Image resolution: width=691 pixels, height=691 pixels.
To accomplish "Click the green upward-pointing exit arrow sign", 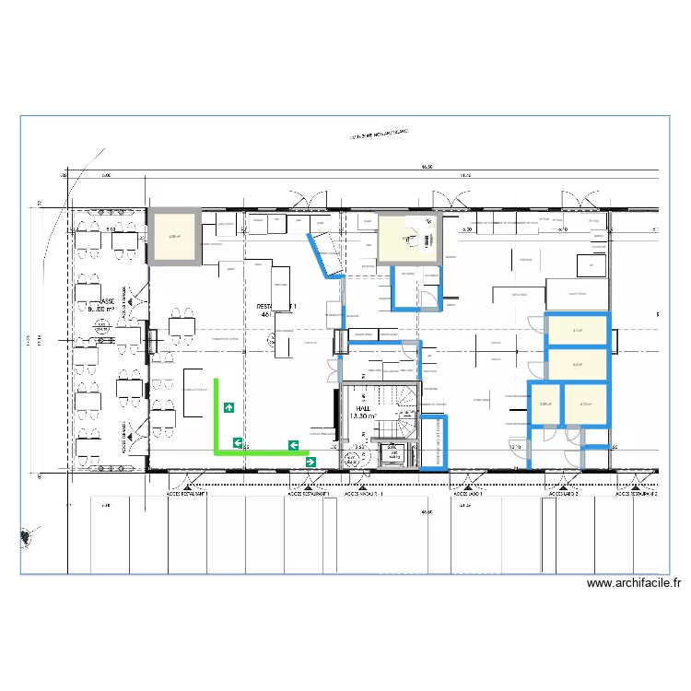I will click(228, 406).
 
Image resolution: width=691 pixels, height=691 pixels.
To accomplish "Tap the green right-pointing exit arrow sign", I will click(310, 462).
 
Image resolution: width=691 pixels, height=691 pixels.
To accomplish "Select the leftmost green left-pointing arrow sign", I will click(238, 443).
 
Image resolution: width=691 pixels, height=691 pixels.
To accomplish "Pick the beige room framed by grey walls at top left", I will click(174, 237).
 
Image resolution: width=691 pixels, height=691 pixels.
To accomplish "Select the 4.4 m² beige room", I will click(578, 365).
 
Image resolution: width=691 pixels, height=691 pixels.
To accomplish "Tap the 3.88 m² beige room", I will click(545, 404).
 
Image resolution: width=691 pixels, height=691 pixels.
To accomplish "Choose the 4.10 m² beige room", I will click(584, 404).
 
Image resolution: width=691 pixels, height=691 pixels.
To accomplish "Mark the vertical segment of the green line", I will click(217, 415).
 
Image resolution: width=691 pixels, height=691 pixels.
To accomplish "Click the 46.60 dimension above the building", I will click(427, 168).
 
